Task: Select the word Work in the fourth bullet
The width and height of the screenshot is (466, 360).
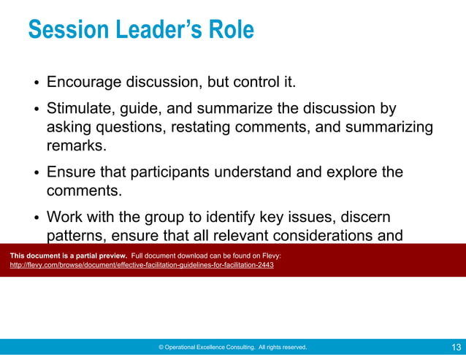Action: coord(64,217)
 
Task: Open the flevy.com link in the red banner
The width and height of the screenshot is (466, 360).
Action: coord(142,265)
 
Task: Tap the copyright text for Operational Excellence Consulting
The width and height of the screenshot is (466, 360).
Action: coord(232,348)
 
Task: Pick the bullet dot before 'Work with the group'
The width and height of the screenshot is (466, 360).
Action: coord(35,218)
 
